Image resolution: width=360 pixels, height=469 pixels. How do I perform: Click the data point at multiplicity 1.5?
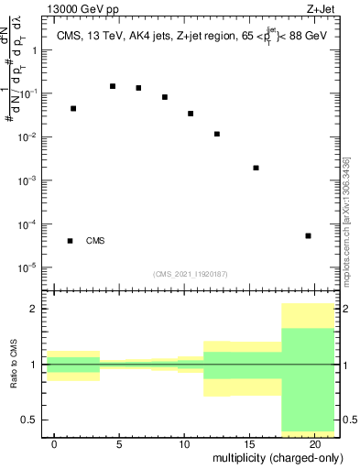click(73, 108)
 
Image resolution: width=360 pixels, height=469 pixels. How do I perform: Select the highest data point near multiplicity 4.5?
click(113, 86)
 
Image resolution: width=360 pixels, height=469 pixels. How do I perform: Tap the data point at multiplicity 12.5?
click(217, 134)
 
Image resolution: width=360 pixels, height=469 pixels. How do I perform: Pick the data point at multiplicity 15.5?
click(256, 168)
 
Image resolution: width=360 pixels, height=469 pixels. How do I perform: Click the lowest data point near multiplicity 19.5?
click(308, 235)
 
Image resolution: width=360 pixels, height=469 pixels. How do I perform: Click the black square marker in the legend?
click(71, 241)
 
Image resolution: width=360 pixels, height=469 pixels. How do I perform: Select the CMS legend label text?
click(95, 241)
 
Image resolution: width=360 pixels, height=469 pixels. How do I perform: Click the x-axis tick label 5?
click(119, 444)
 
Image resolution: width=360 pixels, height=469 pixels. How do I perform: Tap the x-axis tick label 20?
click(314, 444)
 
